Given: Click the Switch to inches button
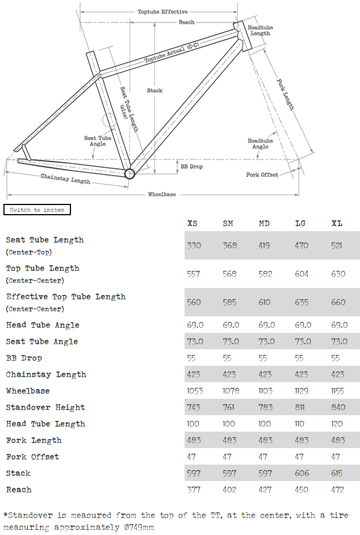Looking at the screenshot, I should tap(37, 210).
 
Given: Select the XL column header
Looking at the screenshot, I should tap(337, 223).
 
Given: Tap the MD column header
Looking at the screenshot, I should tap(265, 223).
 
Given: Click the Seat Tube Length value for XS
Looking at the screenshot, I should tap(194, 245).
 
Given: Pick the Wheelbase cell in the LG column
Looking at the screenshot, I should tap(302, 391).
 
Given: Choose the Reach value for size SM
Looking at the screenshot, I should tap(230, 490).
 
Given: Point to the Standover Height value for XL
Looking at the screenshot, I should tap(338, 407).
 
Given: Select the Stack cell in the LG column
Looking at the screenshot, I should tap(302, 473).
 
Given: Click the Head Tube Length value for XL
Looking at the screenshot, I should tap(337, 424).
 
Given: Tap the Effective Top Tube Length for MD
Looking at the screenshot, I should tap(265, 302).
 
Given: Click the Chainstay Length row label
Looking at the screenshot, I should tap(46, 374).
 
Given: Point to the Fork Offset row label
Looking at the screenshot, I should tap(32, 457).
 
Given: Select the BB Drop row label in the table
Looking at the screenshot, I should tap(24, 358).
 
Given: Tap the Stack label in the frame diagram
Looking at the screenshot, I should tap(154, 90).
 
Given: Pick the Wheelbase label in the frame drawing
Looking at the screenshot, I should tap(162, 194).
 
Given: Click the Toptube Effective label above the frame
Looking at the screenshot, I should tap(162, 11).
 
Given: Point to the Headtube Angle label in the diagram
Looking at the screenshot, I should tap(260, 144).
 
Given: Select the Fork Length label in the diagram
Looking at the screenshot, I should tap(286, 94).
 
